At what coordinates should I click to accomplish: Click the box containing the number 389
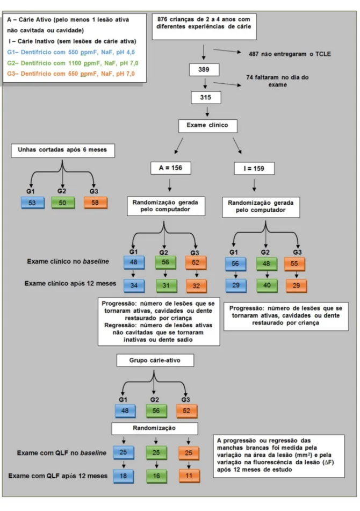coord(204,69)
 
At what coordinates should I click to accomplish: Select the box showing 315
coord(206,97)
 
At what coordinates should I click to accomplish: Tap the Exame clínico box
coord(207,126)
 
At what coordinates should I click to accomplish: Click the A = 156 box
coord(170,168)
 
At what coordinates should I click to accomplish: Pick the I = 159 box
coord(254,169)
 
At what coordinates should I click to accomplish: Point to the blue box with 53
coord(33,203)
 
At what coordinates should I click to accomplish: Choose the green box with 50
coord(62,203)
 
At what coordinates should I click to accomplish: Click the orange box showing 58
coord(95,203)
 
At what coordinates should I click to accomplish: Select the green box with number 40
coord(267,285)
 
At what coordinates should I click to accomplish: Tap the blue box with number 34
coord(134,285)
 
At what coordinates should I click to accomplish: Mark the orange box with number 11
coord(189,476)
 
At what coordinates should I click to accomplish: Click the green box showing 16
coord(156,476)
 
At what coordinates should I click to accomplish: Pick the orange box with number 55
coord(294,264)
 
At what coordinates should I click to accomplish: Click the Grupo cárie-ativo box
coord(155,360)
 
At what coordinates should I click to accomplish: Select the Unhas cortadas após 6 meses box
coord(63,150)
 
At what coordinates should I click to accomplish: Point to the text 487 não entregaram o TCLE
coord(290,54)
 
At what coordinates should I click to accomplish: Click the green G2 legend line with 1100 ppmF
coord(73,63)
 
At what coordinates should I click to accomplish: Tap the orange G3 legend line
coord(71,74)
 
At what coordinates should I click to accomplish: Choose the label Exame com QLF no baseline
coord(62,452)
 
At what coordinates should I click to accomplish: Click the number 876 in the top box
coord(162,19)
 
